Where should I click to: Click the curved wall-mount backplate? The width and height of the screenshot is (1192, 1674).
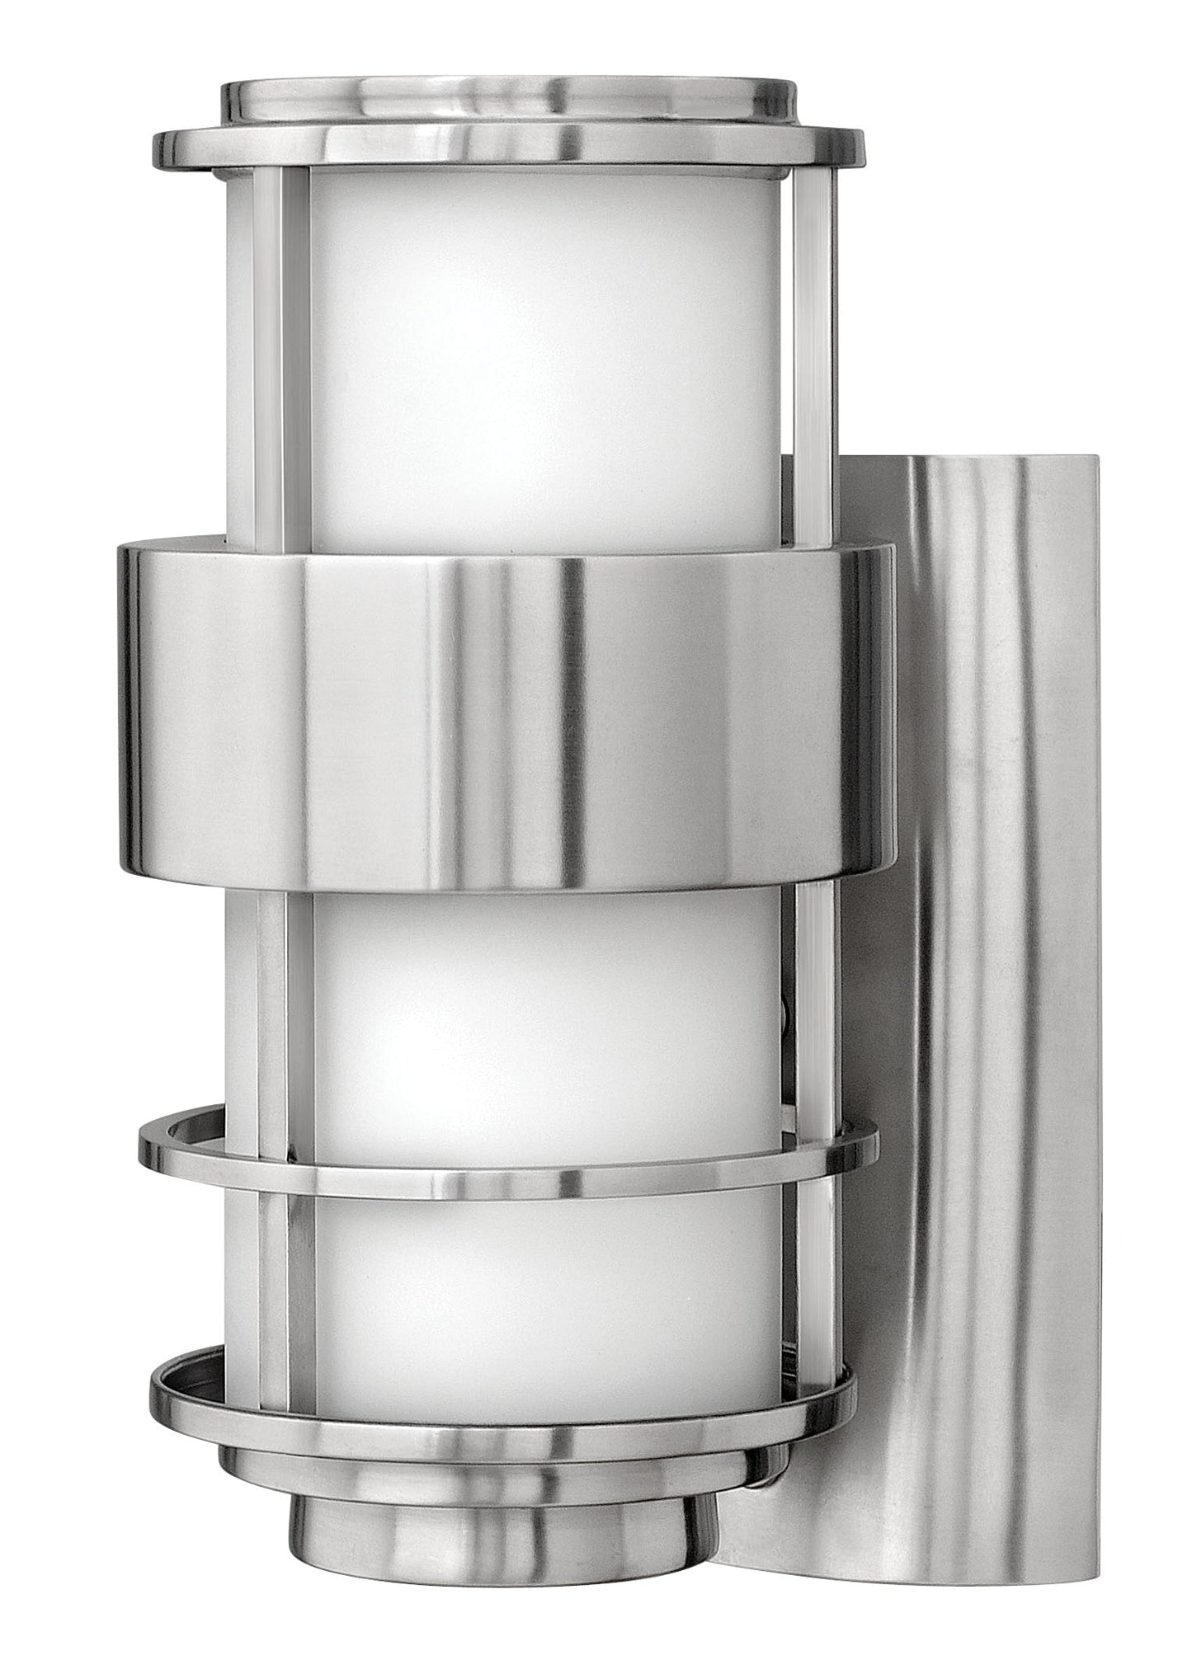[973, 907]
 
